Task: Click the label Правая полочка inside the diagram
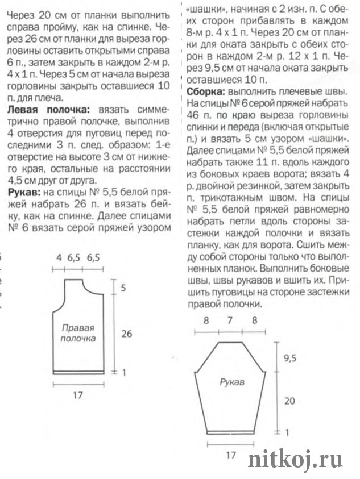(x=77, y=333)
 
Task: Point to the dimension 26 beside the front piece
(x=126, y=334)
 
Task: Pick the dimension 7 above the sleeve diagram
(x=230, y=320)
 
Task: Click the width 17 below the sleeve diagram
(x=231, y=455)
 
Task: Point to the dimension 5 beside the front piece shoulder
(x=123, y=288)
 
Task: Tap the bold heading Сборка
(x=205, y=91)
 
